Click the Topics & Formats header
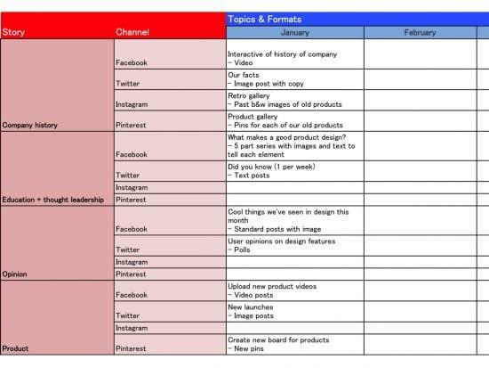coord(264,19)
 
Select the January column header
coord(294,33)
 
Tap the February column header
coord(420,33)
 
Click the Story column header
coord(13,33)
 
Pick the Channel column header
coord(132,33)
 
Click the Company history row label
coord(30,126)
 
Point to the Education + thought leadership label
coord(53,200)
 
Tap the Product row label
coord(15,348)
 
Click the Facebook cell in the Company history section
coord(132,63)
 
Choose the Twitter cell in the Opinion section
coord(128,250)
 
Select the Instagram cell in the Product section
coord(132,328)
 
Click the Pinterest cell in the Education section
coord(131,200)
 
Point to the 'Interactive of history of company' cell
coord(283,59)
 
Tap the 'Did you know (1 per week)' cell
coord(272,171)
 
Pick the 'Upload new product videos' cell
coord(272,290)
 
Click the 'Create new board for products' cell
coord(278,344)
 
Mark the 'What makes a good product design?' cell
coord(291,145)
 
